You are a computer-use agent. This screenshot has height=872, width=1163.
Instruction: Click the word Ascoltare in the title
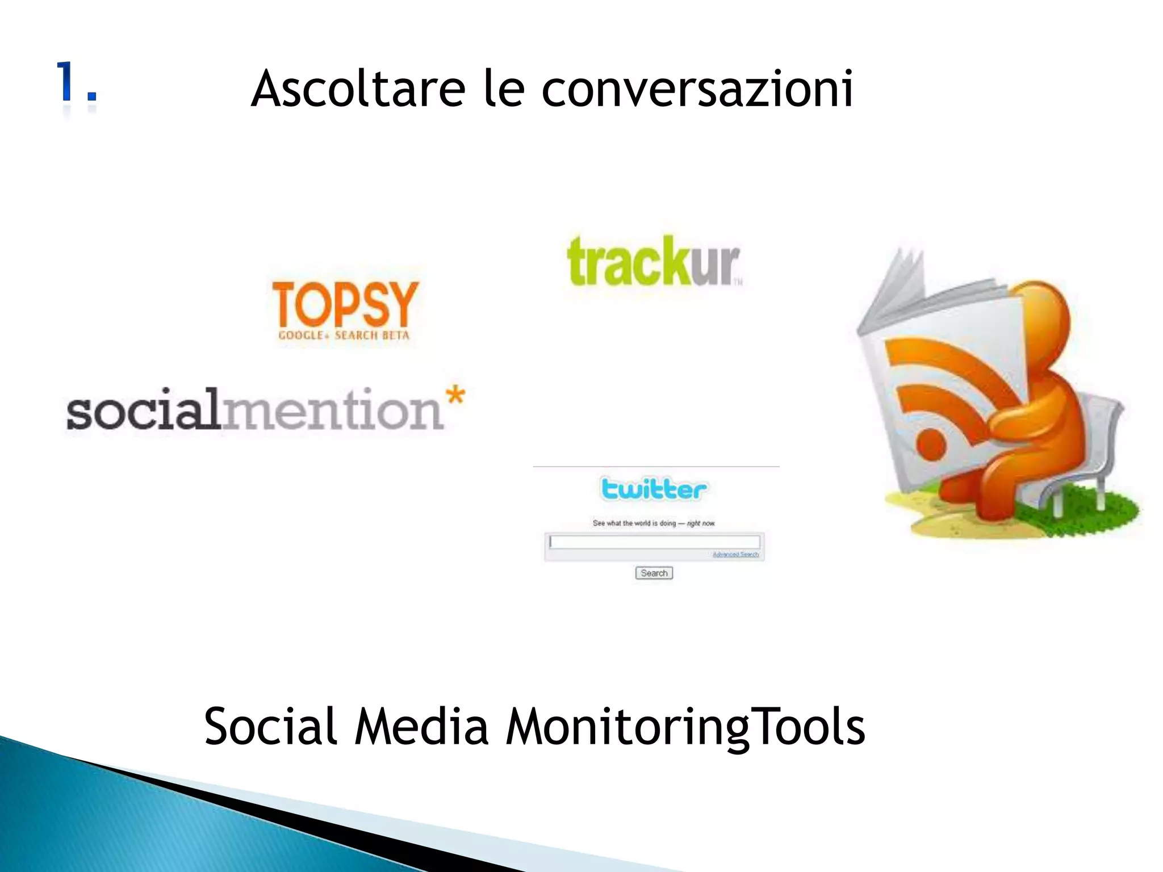[x=358, y=89]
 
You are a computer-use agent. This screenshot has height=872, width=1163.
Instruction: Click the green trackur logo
[x=654, y=262]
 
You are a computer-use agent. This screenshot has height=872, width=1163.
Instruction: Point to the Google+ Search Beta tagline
[x=344, y=336]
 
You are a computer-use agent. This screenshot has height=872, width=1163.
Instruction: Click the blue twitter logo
[x=654, y=489]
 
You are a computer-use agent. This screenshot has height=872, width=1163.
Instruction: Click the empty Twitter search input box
[x=654, y=542]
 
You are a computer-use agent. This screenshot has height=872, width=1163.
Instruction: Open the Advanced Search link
[x=735, y=555]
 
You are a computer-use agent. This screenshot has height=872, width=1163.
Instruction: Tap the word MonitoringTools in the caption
[x=685, y=728]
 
